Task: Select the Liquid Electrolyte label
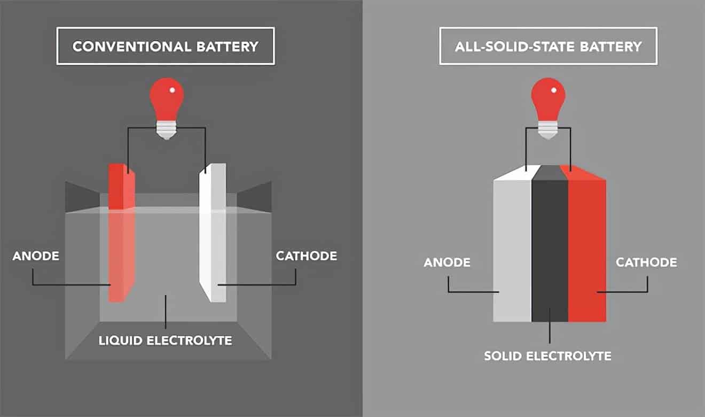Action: pyautogui.click(x=165, y=341)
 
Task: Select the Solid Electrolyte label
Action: pyautogui.click(x=547, y=356)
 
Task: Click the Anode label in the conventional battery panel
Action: pyautogui.click(x=36, y=256)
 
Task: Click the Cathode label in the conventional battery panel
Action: pyautogui.click(x=306, y=256)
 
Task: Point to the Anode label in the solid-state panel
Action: pyautogui.click(x=447, y=262)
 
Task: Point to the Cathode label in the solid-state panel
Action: pyautogui.click(x=646, y=262)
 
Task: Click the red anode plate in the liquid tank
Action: pyautogui.click(x=121, y=233)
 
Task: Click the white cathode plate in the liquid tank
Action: pyautogui.click(x=213, y=233)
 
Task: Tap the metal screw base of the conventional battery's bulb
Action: pyautogui.click(x=167, y=130)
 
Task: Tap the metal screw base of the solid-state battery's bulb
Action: pyautogui.click(x=549, y=130)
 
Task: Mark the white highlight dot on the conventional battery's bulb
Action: pyautogui.click(x=172, y=90)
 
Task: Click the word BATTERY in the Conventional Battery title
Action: pyautogui.click(x=228, y=47)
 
